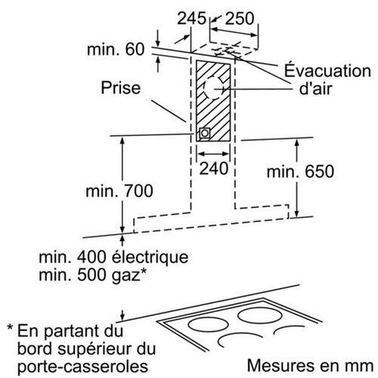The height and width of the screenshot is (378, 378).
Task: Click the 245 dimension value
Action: [191, 18]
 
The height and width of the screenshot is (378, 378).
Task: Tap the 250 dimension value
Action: [240, 18]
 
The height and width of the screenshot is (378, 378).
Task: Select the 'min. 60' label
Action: [116, 49]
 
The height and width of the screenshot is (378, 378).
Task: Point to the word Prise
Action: [121, 88]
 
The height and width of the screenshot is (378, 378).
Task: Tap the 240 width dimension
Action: [214, 169]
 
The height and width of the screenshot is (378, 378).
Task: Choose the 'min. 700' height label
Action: [119, 191]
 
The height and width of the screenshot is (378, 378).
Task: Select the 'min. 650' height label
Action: [300, 172]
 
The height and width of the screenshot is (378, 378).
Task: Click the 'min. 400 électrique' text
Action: [113, 257]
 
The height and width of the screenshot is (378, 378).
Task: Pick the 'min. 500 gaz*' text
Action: [93, 274]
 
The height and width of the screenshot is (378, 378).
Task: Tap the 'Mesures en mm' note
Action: [310, 366]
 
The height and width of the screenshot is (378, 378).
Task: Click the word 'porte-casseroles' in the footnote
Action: [82, 366]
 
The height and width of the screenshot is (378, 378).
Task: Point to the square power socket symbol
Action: [205, 133]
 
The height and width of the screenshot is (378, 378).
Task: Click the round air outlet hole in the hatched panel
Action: [213, 88]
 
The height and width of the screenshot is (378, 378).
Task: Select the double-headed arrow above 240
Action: [213, 153]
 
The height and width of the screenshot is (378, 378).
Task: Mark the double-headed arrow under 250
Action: [234, 33]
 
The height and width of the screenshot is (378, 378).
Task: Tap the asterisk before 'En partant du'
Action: [10, 328]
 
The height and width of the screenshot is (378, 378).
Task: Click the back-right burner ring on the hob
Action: [260, 315]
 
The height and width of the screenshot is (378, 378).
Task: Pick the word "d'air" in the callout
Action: [315, 88]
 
